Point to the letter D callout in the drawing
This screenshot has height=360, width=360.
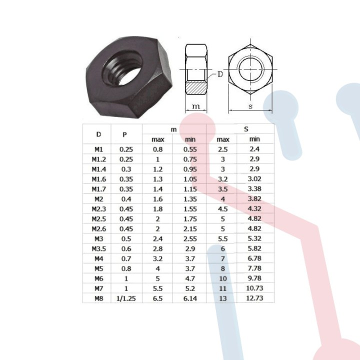[220, 74]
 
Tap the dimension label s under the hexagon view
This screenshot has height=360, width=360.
[250, 106]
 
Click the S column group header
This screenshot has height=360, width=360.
[246, 129]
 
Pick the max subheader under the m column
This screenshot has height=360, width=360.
[157, 139]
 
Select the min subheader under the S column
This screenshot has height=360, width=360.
[255, 139]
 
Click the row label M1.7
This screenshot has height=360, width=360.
[98, 188]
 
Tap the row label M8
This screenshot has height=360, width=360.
[98, 298]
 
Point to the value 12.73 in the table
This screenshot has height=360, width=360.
[255, 298]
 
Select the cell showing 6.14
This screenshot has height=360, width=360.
[190, 298]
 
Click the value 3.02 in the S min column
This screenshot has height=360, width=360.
[255, 178]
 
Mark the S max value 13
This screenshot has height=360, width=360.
[223, 298]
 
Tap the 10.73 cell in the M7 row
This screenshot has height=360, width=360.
[255, 288]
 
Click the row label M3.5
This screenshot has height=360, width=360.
[98, 248]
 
